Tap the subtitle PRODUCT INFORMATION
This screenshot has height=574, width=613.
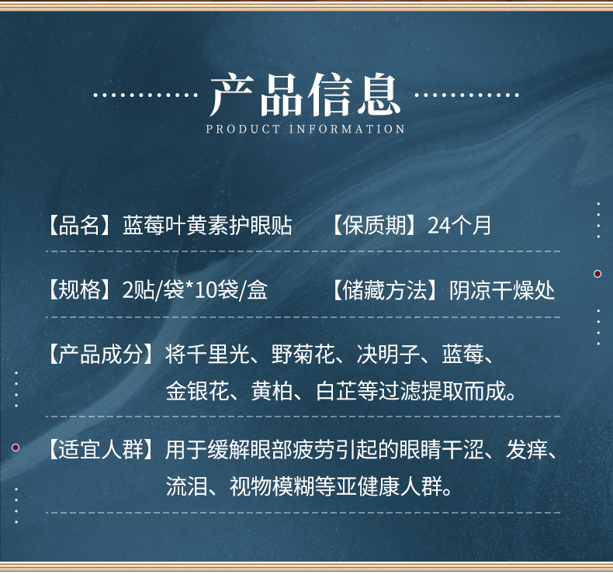coord(306,130)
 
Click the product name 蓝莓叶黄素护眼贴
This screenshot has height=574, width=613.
coord(207,225)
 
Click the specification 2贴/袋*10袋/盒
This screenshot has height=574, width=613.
coord(195,290)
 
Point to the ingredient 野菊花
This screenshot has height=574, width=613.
coord(303,355)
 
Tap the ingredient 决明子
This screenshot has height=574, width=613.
coord(389,355)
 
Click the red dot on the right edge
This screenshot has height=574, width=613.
coord(597,274)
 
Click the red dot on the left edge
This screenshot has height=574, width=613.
coord(16,448)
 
